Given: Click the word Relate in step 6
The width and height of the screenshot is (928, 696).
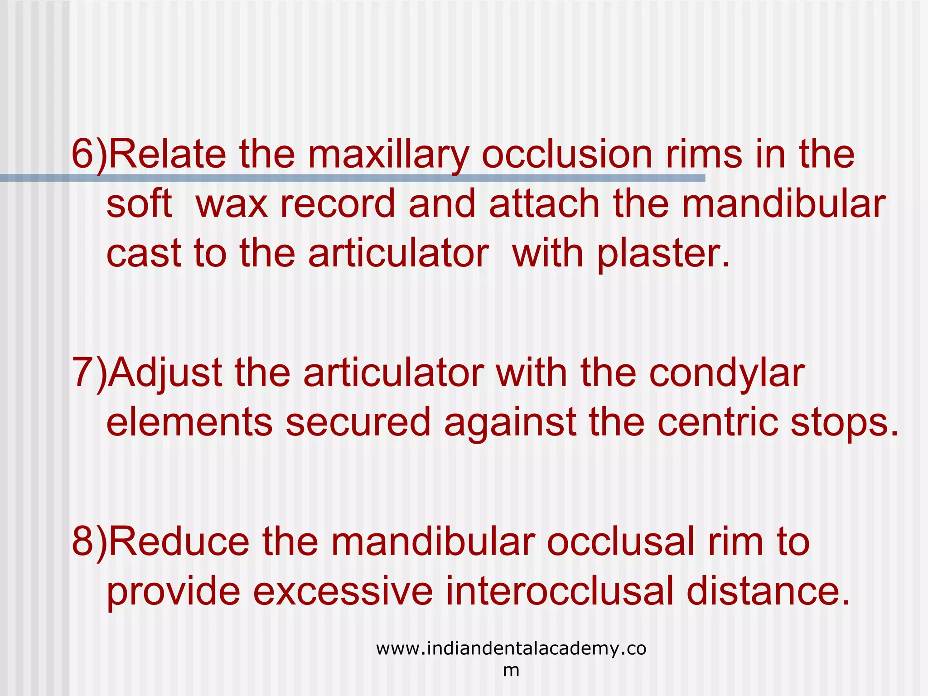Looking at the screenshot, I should (167, 154).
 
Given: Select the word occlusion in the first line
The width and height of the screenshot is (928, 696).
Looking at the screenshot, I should (567, 154).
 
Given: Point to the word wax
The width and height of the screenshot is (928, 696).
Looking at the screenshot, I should (232, 204).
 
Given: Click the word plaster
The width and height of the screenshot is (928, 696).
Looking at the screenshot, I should (663, 254).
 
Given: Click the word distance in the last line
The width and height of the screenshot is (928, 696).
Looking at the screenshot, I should (768, 591).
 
